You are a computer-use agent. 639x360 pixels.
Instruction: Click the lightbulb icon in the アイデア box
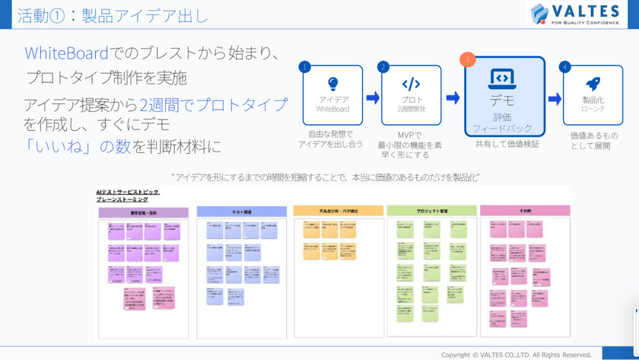pyautogui.click(x=332, y=84)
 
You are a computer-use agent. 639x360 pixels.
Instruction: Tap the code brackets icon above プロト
pyautogui.click(x=411, y=84)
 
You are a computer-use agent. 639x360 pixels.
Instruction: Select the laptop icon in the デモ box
pyautogui.click(x=503, y=78)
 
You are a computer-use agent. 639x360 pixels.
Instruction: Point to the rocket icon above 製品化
pyautogui.click(x=593, y=84)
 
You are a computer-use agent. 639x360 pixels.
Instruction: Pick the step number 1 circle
pyautogui.click(x=305, y=67)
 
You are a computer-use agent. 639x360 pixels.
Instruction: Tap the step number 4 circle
pyautogui.click(x=564, y=67)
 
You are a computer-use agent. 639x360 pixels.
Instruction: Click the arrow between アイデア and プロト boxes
pyautogui.click(x=373, y=97)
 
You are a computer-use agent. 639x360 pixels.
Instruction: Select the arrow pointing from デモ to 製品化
pyautogui.click(x=555, y=98)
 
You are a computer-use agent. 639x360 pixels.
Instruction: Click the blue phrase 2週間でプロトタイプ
pyautogui.click(x=214, y=104)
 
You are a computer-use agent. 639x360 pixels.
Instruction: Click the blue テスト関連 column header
pyautogui.click(x=241, y=210)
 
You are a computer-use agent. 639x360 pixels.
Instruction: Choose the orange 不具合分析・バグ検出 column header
pyautogui.click(x=339, y=210)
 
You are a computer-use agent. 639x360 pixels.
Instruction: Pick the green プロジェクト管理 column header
pyautogui.click(x=431, y=210)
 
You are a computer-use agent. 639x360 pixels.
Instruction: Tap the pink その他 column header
pyautogui.click(x=526, y=210)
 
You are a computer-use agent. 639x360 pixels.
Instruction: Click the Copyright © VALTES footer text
pyautogui.click(x=517, y=355)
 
